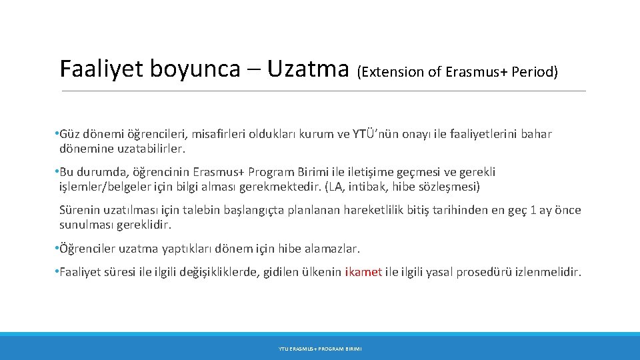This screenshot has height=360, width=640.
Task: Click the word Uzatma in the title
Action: coord(308,69)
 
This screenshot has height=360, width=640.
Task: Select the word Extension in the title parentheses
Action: coord(386,72)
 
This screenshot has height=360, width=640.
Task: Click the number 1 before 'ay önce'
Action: coord(531,211)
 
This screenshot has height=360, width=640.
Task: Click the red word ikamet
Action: coord(364,272)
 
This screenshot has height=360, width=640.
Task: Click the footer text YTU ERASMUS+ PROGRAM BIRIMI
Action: coord(320,349)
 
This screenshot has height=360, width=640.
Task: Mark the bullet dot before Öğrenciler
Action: coord(56,249)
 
